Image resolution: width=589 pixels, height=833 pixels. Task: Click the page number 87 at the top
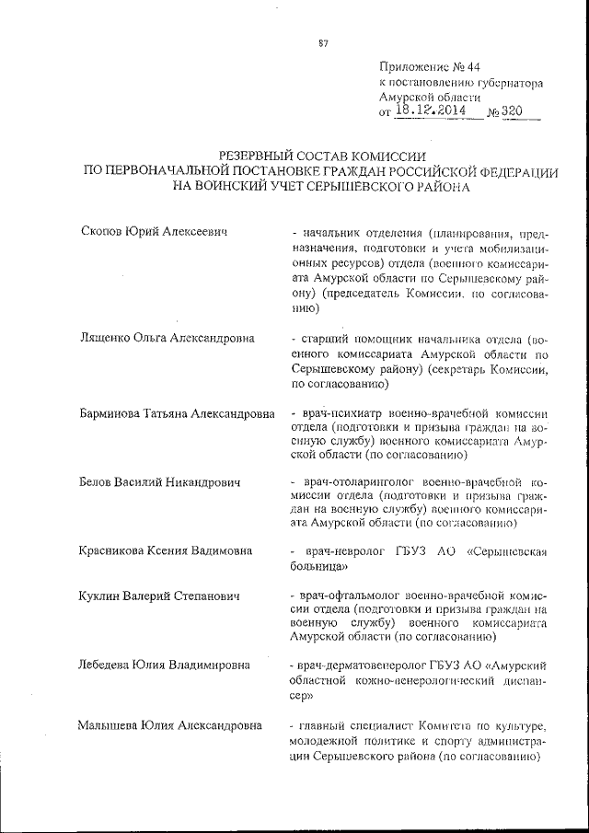pos(323,40)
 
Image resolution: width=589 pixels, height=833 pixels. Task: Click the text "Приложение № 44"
pos(430,67)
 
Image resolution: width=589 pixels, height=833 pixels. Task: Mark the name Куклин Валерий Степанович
pos(161,596)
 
